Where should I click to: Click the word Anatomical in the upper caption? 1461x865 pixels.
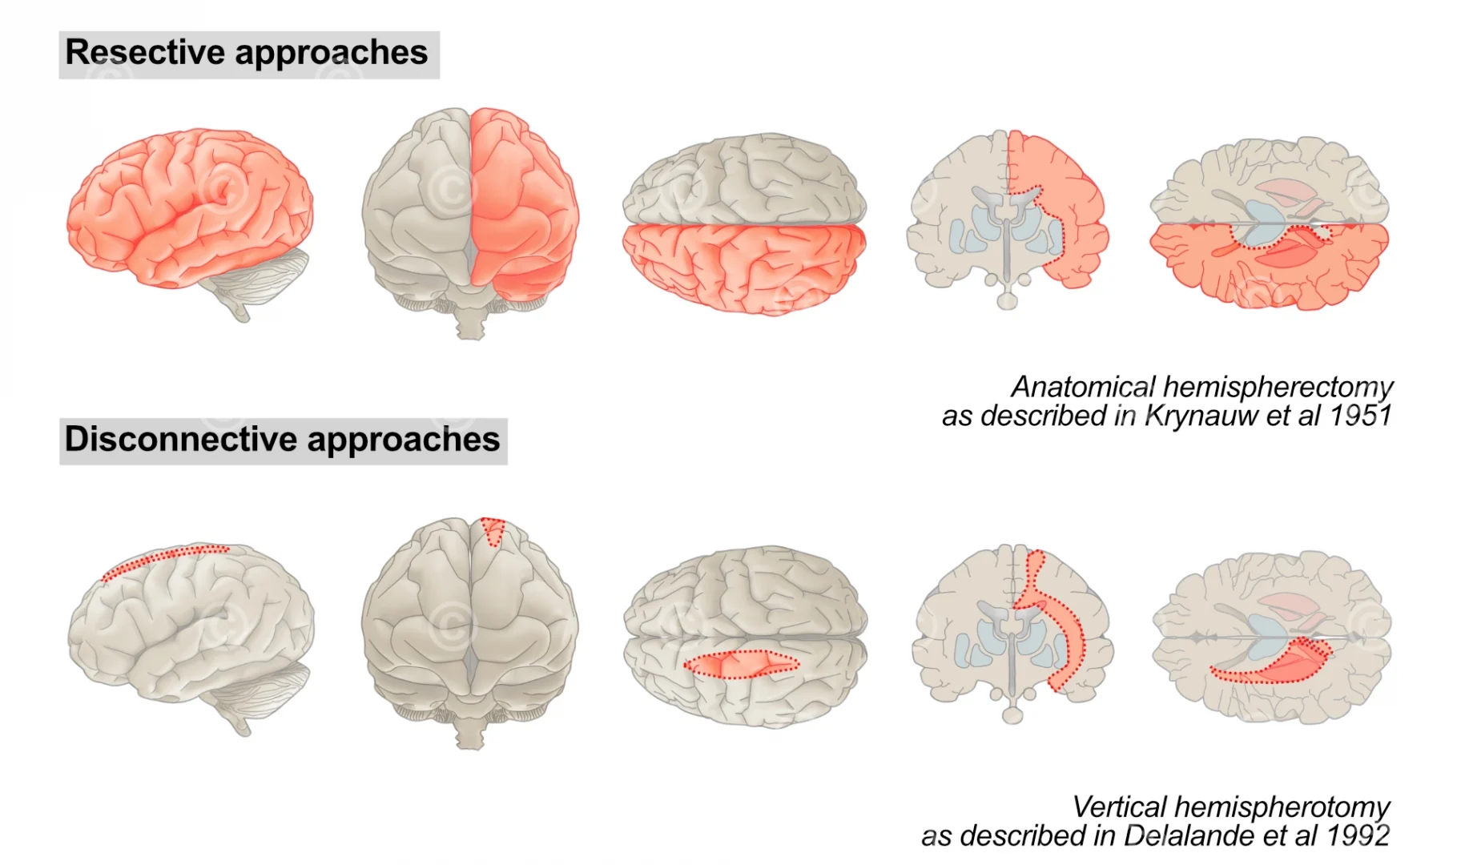click(x=1081, y=387)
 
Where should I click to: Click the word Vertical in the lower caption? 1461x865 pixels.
click(x=1118, y=807)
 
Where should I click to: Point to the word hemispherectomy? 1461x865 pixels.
click(x=1278, y=387)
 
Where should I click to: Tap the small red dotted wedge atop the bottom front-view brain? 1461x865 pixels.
click(x=493, y=530)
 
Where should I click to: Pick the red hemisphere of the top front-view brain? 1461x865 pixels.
click(x=521, y=208)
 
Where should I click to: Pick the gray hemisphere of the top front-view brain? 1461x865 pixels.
click(x=417, y=208)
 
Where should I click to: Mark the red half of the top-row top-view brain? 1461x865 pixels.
click(x=745, y=268)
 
